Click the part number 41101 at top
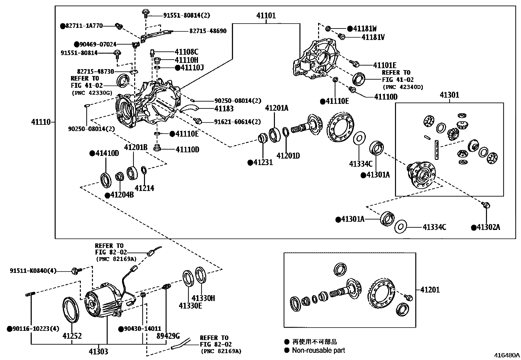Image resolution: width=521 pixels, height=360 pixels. [x=266, y=15]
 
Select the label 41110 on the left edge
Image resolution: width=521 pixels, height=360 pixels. [x=41, y=122]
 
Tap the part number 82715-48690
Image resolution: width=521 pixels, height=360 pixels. [x=208, y=31]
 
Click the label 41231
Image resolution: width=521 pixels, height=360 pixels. [x=263, y=162]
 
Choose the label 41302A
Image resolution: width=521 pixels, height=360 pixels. [x=488, y=227]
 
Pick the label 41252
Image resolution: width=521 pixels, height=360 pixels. [x=72, y=336]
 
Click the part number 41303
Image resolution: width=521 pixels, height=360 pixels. [x=98, y=352]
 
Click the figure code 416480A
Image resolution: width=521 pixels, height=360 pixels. [x=507, y=355]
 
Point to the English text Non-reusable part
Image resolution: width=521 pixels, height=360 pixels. [x=318, y=350]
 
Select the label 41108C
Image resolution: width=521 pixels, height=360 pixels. [x=186, y=52]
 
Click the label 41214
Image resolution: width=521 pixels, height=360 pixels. [x=144, y=188]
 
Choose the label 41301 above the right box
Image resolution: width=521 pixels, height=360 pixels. [x=449, y=95]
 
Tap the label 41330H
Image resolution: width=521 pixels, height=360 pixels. [x=203, y=298]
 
